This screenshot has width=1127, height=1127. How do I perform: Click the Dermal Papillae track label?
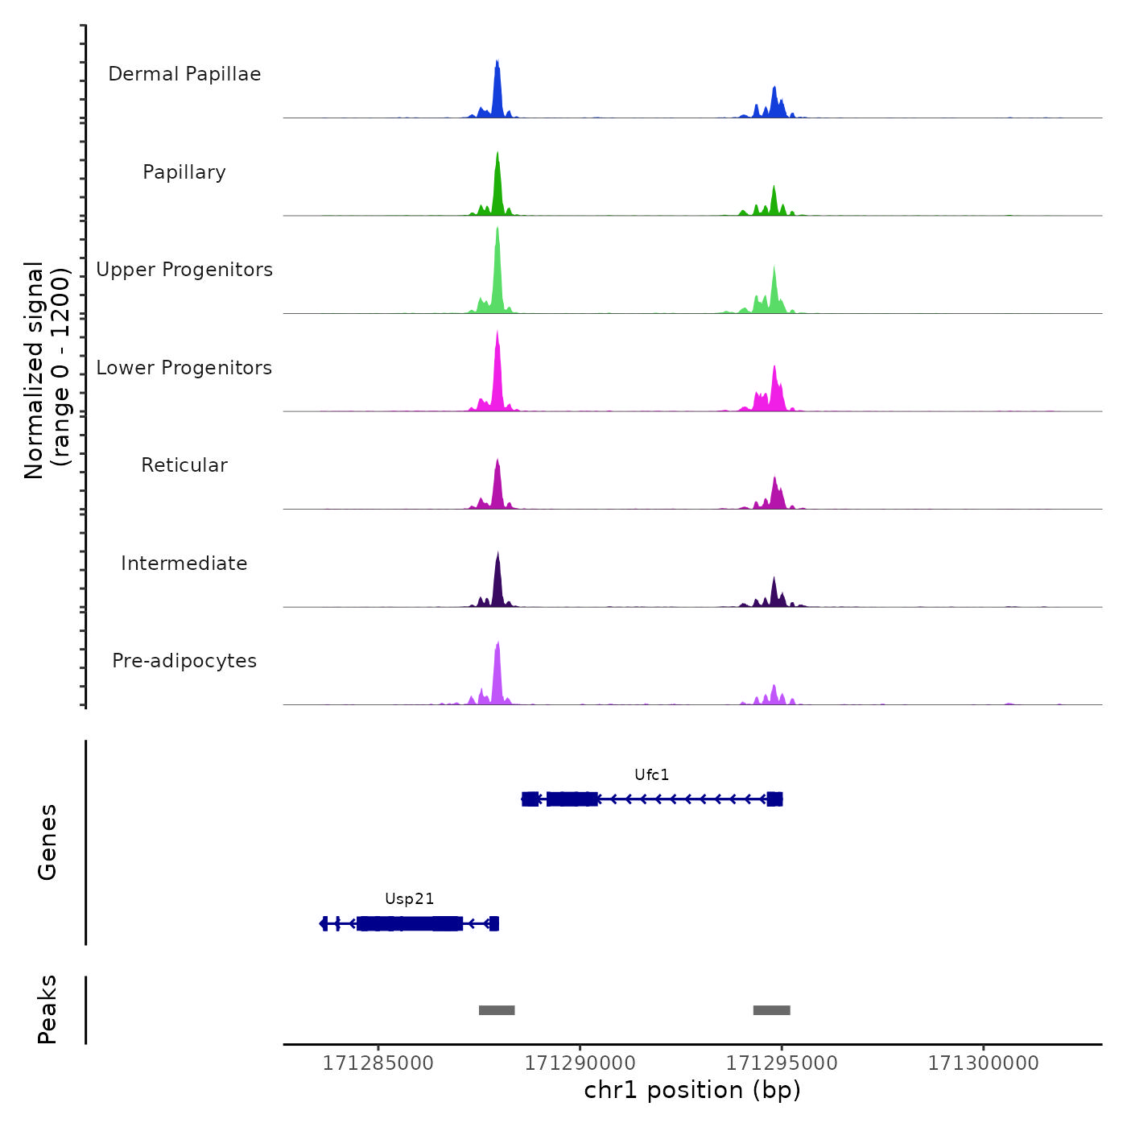pyautogui.click(x=184, y=74)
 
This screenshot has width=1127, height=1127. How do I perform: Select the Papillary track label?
pyautogui.click(x=184, y=172)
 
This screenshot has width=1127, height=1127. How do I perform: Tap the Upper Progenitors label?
pyautogui.click(x=184, y=270)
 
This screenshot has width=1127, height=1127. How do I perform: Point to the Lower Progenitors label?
pyautogui.click(x=184, y=368)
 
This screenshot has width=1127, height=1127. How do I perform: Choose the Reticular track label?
pyautogui.click(x=184, y=465)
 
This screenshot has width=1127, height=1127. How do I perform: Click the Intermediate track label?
pyautogui.click(x=184, y=563)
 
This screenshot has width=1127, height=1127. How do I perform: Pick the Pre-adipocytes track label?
pyautogui.click(x=184, y=661)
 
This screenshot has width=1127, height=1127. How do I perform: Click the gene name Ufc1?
pyautogui.click(x=651, y=775)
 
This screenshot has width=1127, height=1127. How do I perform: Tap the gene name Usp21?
pyautogui.click(x=409, y=899)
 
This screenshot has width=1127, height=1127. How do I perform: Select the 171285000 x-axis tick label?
pyautogui.click(x=378, y=1063)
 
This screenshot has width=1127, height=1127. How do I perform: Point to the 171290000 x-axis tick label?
pyautogui.click(x=580, y=1063)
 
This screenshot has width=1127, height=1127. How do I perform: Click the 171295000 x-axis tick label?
pyautogui.click(x=782, y=1063)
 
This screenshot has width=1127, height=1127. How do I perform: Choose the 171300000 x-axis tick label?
pyautogui.click(x=983, y=1063)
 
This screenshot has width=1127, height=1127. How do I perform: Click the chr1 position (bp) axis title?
pyautogui.click(x=692, y=1090)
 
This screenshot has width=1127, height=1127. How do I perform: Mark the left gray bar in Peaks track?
pyautogui.click(x=497, y=1010)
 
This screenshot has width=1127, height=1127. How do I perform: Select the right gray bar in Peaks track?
pyautogui.click(x=771, y=1010)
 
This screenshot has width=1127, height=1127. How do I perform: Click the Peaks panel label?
pyautogui.click(x=47, y=1009)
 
